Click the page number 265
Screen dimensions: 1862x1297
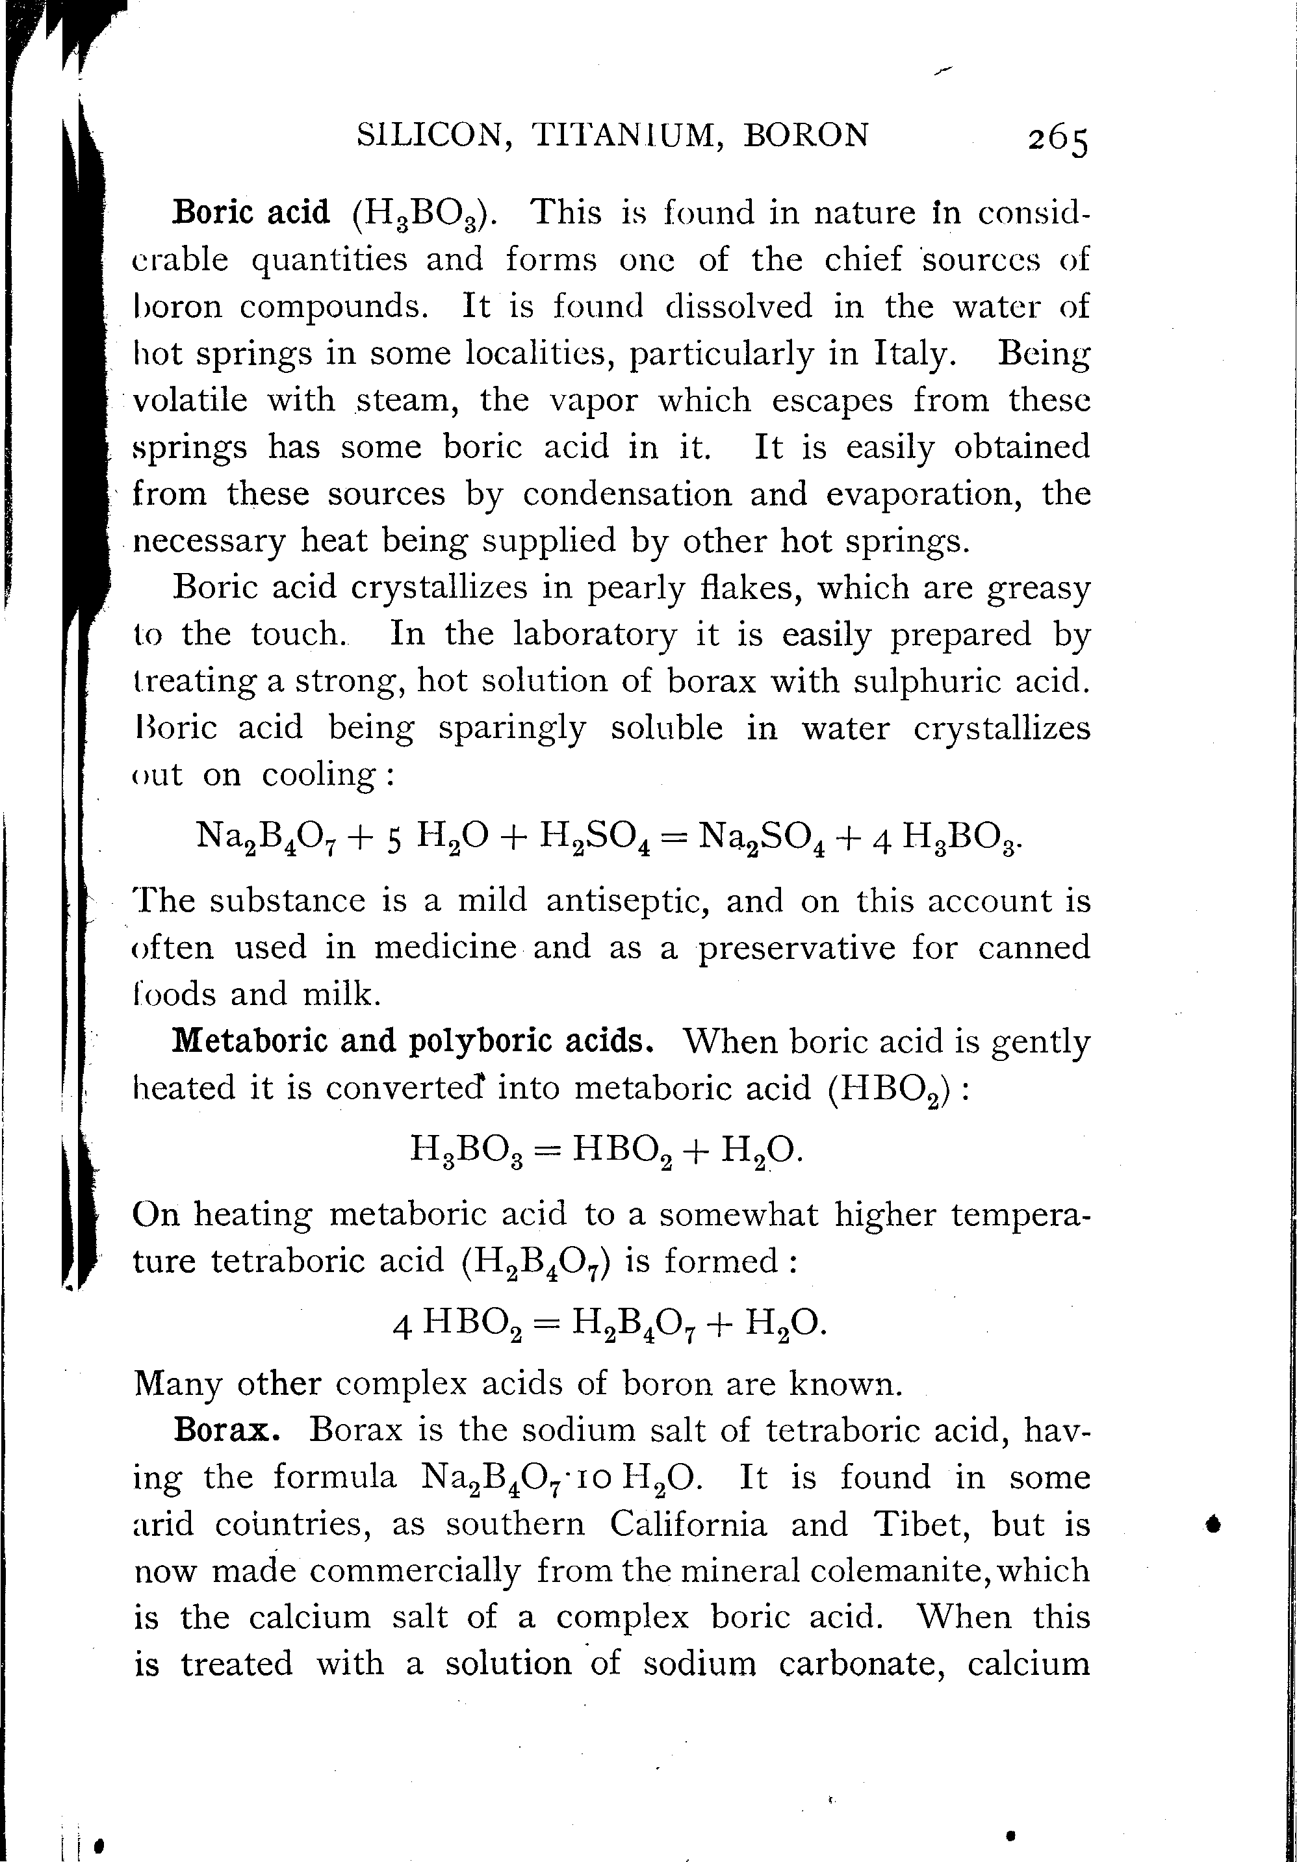pyautogui.click(x=1057, y=140)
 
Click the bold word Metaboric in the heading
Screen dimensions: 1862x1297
pyautogui.click(x=250, y=1041)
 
